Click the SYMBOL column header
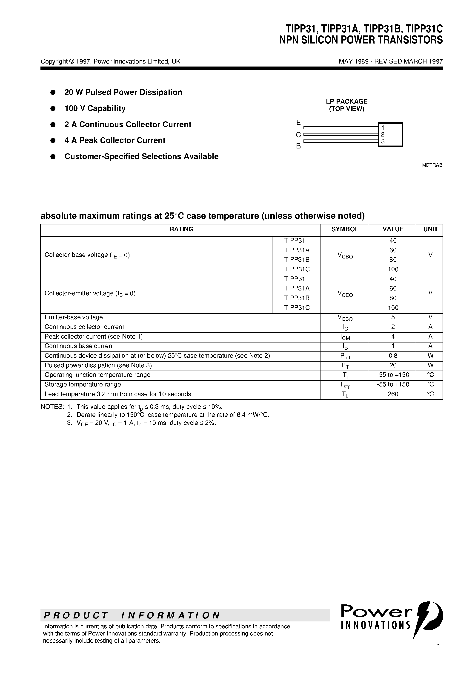pyautogui.click(x=345, y=229)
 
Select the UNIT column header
pyautogui.click(x=430, y=229)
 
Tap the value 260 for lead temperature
pyautogui.click(x=393, y=394)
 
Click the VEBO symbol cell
pyautogui.click(x=345, y=318)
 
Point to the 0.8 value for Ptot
pyautogui.click(x=393, y=356)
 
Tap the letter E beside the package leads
pyautogui.click(x=298, y=122)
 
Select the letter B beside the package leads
pyautogui.click(x=298, y=146)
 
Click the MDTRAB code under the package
pyautogui.click(x=432, y=165)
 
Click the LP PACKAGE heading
pyautogui.click(x=346, y=102)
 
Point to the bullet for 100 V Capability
pyautogui.click(x=53, y=108)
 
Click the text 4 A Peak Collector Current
pyautogui.click(x=115, y=140)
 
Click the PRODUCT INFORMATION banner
pyautogui.click(x=132, y=615)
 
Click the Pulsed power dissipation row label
pyautogui.click(x=98, y=366)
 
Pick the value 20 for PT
pyautogui.click(x=393, y=366)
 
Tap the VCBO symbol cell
pyautogui.click(x=345, y=256)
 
